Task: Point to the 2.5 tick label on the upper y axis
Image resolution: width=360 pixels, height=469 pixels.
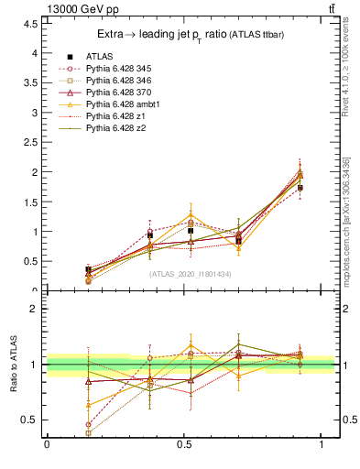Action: click(x=31, y=142)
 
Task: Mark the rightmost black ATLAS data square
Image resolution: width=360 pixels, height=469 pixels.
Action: click(x=300, y=188)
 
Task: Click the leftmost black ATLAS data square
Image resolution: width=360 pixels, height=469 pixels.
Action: click(x=88, y=269)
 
